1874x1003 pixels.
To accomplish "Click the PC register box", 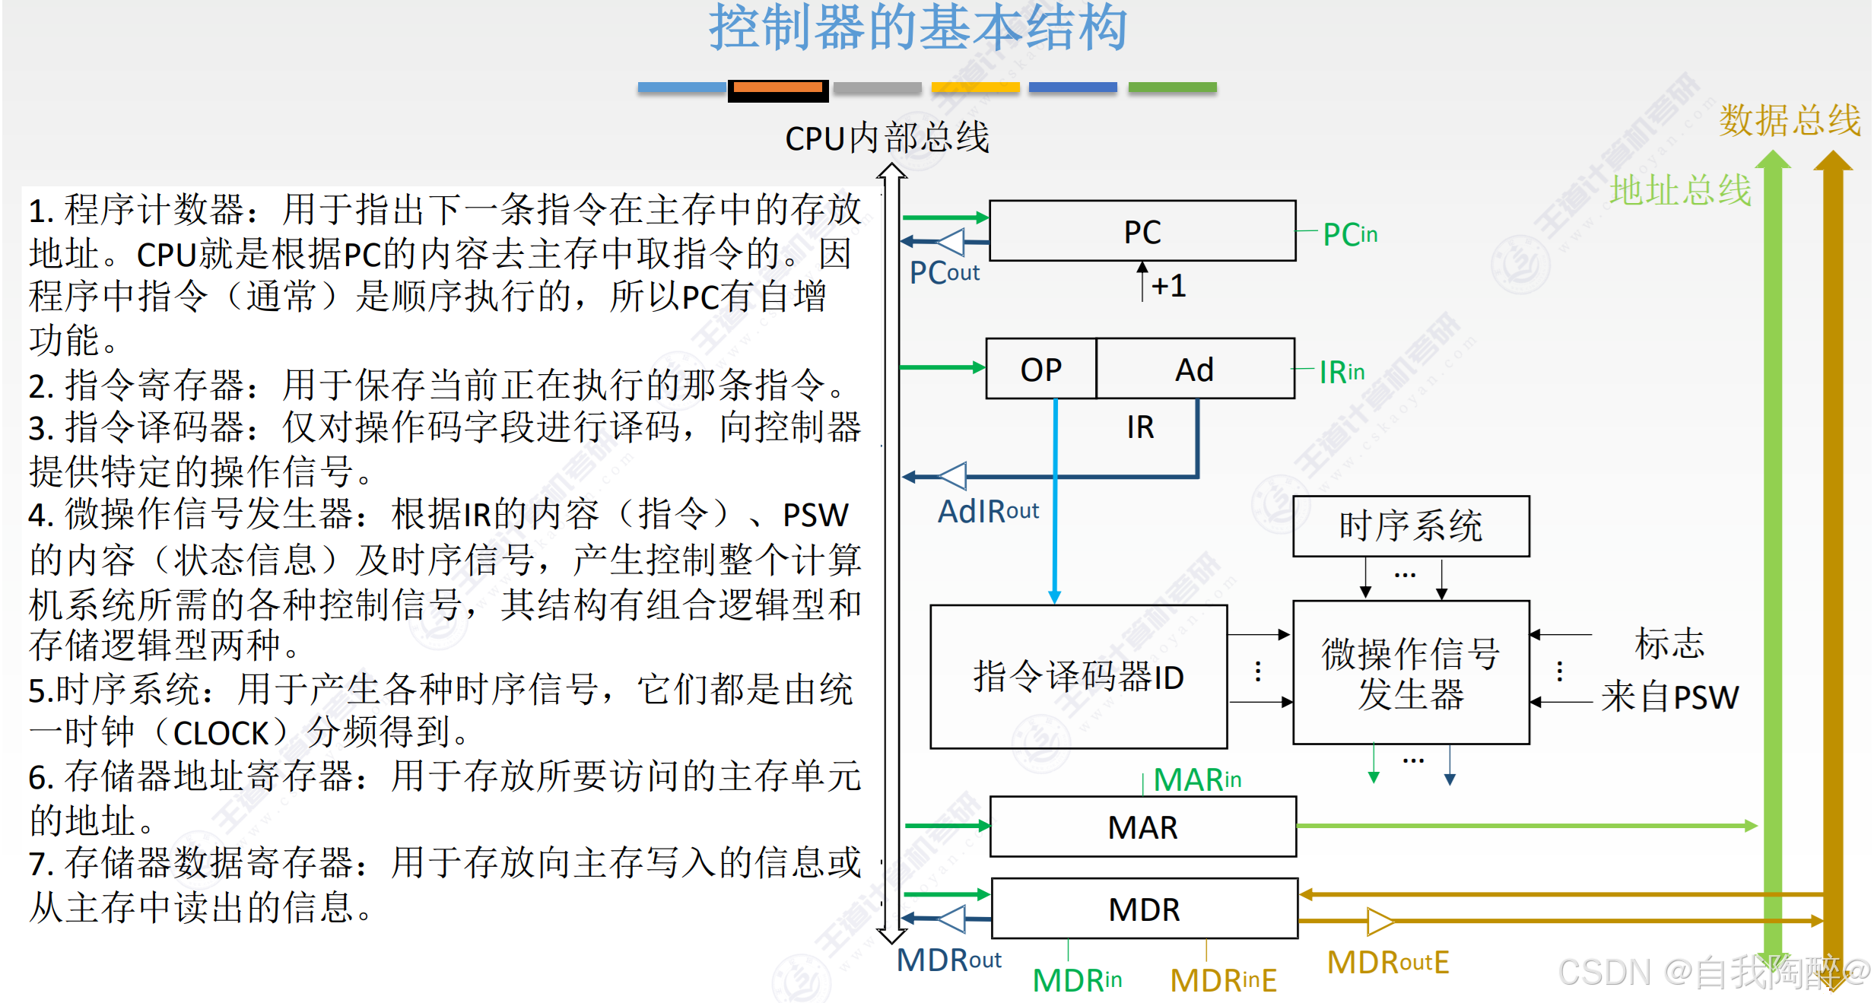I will tap(1142, 231).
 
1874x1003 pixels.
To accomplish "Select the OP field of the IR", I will tap(1040, 369).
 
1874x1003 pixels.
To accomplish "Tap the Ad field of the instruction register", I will tap(1195, 369).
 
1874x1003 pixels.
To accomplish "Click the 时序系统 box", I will tap(1411, 526).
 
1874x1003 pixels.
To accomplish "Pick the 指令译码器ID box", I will tap(1078, 676).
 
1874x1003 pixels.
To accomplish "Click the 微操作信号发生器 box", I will tap(1411, 672).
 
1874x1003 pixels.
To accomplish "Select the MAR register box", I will tap(1142, 827).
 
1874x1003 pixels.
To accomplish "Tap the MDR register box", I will tap(1144, 909).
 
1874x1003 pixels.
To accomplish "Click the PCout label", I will tap(945, 272).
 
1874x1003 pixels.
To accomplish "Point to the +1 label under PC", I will tap(1168, 286).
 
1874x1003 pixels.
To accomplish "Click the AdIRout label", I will tap(988, 511).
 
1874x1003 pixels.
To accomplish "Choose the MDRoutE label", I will tap(1388, 962).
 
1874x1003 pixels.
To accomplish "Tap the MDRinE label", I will tap(1223, 979).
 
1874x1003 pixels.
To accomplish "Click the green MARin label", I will tap(1197, 779).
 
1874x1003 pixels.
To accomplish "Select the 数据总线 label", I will tap(1790, 120).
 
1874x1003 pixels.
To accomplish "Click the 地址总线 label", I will tap(1680, 189).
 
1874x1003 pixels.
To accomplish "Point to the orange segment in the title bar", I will tap(777, 88).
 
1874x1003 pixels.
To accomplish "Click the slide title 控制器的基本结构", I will tap(918, 27).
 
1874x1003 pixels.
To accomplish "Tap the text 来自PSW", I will tap(1669, 697).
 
